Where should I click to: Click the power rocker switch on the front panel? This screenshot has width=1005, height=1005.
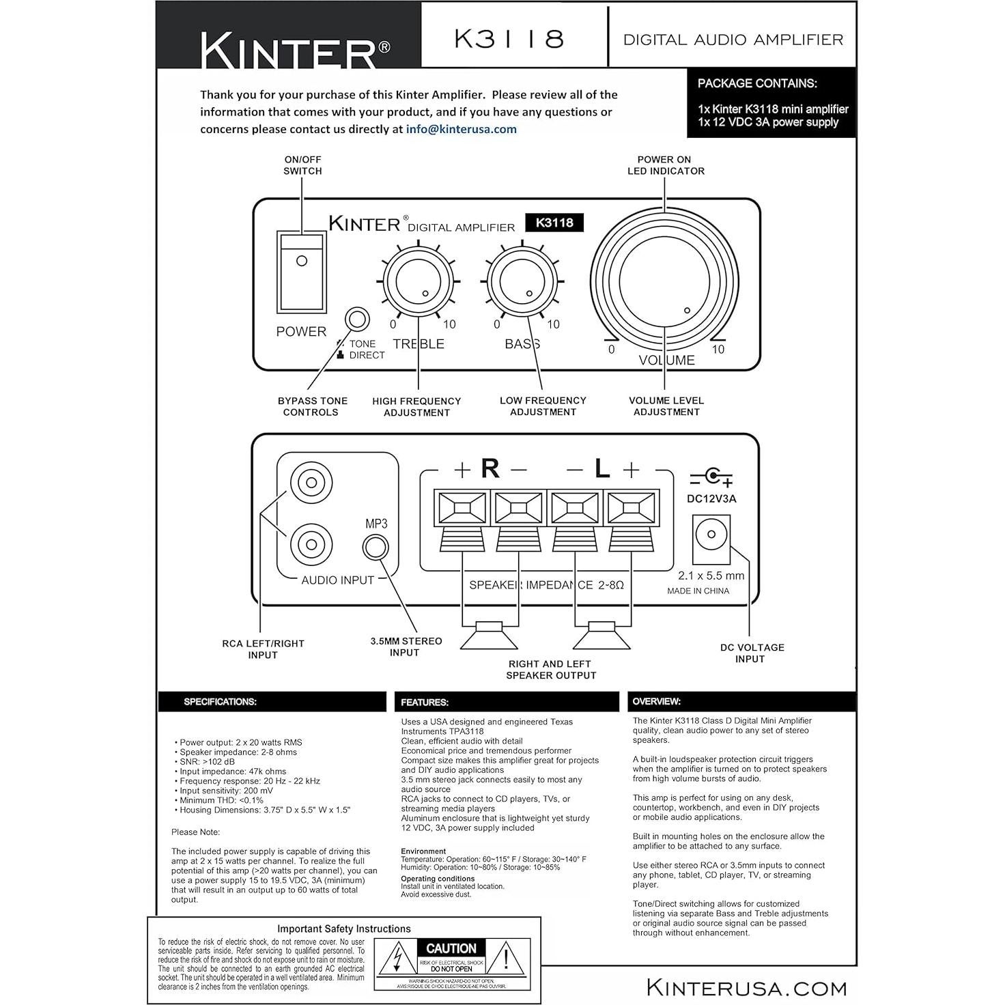point(301,272)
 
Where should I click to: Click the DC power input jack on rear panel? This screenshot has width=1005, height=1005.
point(711,538)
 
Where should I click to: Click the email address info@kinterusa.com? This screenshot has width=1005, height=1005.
point(461,129)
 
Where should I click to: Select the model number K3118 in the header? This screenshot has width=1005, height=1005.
point(509,39)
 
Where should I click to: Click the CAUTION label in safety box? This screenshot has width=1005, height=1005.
point(451,948)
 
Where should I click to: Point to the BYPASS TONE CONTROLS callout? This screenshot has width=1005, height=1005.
point(312,406)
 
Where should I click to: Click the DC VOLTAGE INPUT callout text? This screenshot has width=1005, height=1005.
point(751,653)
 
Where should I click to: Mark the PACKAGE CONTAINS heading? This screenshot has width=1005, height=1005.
point(756,83)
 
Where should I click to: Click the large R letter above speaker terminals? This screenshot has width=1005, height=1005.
point(490,468)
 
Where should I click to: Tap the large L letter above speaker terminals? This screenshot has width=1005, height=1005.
point(601,468)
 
